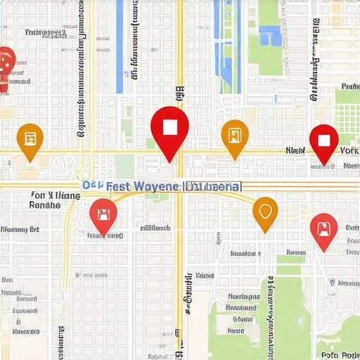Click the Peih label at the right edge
pyautogui.click(x=349, y=87)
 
